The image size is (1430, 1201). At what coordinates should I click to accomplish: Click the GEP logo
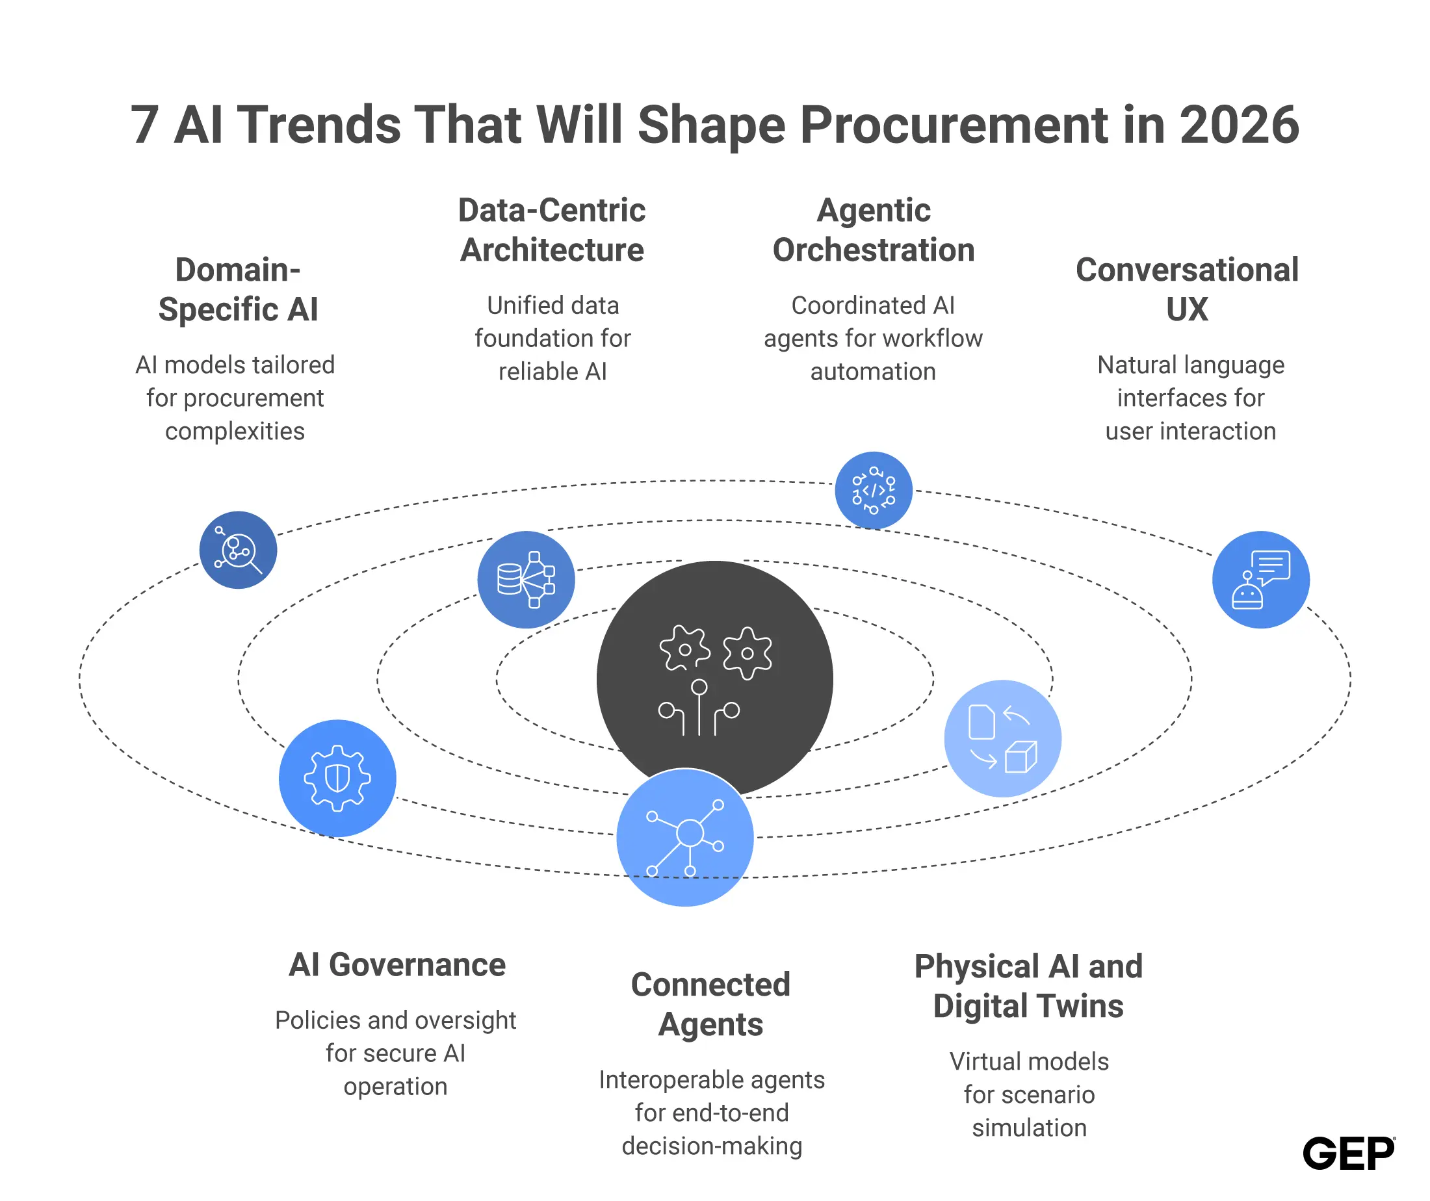click(x=1348, y=1153)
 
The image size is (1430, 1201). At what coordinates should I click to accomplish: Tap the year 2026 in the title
click(x=1239, y=125)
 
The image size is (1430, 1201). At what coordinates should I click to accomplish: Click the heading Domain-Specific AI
click(x=238, y=289)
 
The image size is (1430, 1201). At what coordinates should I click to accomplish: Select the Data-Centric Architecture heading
click(x=552, y=230)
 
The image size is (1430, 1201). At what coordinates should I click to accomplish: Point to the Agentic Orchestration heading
click(x=874, y=230)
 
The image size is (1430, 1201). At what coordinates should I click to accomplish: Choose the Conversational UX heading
click(x=1187, y=289)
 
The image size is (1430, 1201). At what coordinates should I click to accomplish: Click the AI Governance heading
click(x=397, y=964)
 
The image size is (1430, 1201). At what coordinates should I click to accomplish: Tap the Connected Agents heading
click(x=711, y=1004)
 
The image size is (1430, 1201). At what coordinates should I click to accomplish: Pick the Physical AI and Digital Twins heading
click(x=1028, y=986)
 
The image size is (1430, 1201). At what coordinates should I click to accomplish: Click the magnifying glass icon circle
click(x=239, y=549)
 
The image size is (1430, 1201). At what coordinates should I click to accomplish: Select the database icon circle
click(x=526, y=580)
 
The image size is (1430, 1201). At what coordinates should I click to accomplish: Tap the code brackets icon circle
click(x=874, y=490)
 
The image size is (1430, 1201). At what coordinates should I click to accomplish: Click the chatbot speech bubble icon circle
click(x=1260, y=580)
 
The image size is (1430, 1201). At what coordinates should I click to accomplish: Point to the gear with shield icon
click(x=337, y=778)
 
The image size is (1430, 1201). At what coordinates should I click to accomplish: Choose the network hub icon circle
click(x=685, y=838)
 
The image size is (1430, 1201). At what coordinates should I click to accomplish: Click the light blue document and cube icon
click(x=1002, y=739)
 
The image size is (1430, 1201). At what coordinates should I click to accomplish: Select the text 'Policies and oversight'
click(x=396, y=1020)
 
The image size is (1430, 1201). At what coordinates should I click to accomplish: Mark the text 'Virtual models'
click(x=1029, y=1061)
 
